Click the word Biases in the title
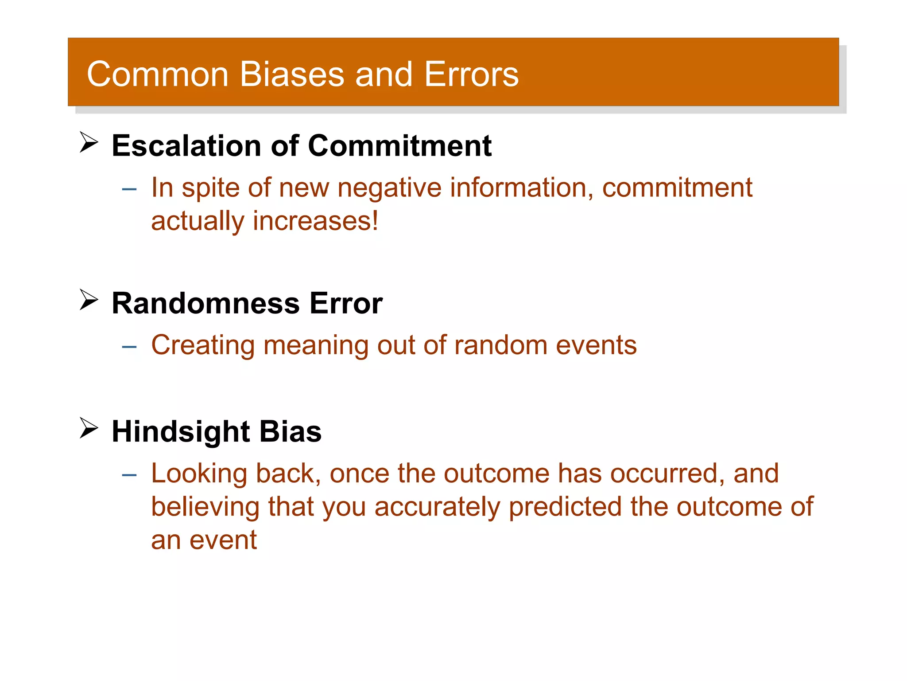click(292, 74)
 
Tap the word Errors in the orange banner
click(471, 74)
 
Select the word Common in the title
click(158, 74)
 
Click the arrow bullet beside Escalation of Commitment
click(89, 142)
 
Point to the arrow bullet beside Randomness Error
click(89, 300)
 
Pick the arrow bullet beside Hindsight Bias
click(89, 428)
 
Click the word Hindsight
click(181, 431)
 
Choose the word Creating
click(203, 345)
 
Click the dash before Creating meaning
click(129, 347)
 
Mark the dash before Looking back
click(129, 475)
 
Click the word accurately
click(437, 507)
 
